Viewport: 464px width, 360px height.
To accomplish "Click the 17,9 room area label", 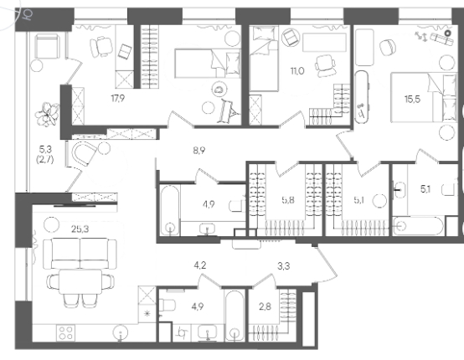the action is point(118,99).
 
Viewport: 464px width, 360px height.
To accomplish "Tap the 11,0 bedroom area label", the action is point(297,71).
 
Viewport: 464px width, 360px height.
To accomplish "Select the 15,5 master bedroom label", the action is point(412,99).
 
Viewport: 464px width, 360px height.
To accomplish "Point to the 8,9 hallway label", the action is point(199,151).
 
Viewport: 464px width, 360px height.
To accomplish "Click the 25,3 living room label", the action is point(80,229).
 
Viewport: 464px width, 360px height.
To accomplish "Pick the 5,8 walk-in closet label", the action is point(288,200).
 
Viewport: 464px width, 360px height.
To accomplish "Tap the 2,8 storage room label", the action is point(265,306).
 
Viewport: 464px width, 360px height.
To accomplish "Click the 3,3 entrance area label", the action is point(283,266).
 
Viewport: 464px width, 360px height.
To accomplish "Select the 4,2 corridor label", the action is point(200,265).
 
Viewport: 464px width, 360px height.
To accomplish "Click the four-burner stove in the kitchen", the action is point(65,332).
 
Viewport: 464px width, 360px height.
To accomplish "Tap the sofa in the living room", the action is point(80,254).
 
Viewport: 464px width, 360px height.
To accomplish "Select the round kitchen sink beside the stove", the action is point(121,332).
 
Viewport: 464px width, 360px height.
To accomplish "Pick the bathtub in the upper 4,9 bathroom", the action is point(169,210).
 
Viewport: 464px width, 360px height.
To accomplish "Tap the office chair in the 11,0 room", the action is point(326,66).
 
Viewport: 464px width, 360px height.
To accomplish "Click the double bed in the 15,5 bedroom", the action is point(423,97).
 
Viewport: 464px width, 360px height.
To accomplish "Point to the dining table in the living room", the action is point(80,281).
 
